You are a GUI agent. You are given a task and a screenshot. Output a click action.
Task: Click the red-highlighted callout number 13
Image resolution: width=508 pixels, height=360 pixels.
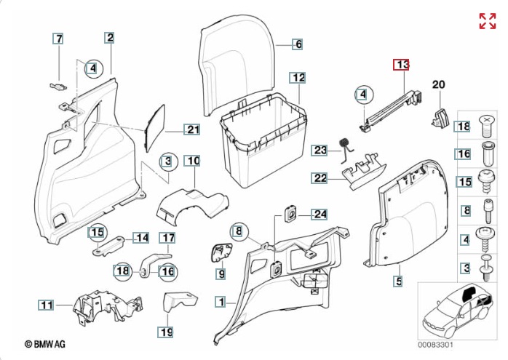[402, 65]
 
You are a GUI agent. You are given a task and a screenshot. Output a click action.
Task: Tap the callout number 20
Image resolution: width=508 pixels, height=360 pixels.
[438, 85]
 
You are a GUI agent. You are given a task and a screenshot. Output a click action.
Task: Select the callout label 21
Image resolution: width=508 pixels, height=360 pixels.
[191, 130]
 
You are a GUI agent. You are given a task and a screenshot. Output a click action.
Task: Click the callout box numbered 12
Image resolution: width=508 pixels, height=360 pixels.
[299, 77]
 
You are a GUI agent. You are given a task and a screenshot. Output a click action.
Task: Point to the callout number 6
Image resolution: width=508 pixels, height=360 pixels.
[298, 44]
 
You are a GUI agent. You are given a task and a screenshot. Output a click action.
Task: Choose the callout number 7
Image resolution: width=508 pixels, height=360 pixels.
[59, 39]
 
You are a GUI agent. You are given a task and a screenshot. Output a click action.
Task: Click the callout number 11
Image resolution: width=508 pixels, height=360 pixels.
[47, 305]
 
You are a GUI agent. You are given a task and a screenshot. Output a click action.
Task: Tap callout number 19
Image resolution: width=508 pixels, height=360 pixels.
[167, 332]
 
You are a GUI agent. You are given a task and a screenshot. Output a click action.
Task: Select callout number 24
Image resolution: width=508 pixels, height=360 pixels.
[320, 214]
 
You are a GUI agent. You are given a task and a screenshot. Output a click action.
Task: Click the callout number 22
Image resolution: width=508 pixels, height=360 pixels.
[320, 177]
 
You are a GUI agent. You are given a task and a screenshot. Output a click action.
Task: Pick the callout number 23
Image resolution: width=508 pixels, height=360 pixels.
[321, 151]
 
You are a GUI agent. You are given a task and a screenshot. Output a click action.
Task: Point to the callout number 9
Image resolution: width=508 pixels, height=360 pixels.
[221, 274]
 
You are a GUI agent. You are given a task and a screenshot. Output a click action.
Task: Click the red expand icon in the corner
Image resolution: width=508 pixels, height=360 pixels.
[487, 21]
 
